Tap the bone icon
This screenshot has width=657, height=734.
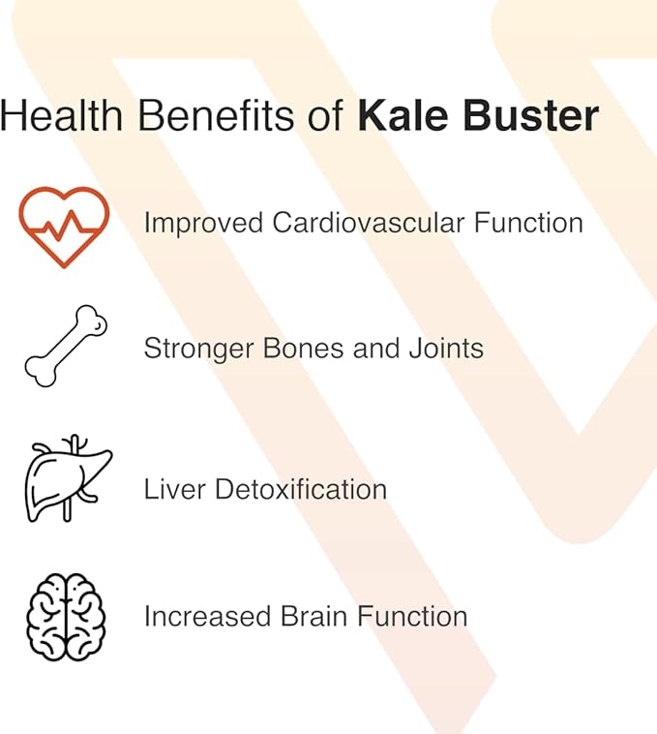coord(65,347)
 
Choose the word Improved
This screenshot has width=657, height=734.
coord(203,223)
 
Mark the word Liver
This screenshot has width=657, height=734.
coord(173,488)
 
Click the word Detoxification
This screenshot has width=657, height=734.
coord(301,488)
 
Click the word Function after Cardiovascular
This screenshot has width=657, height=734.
coord(528,223)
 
